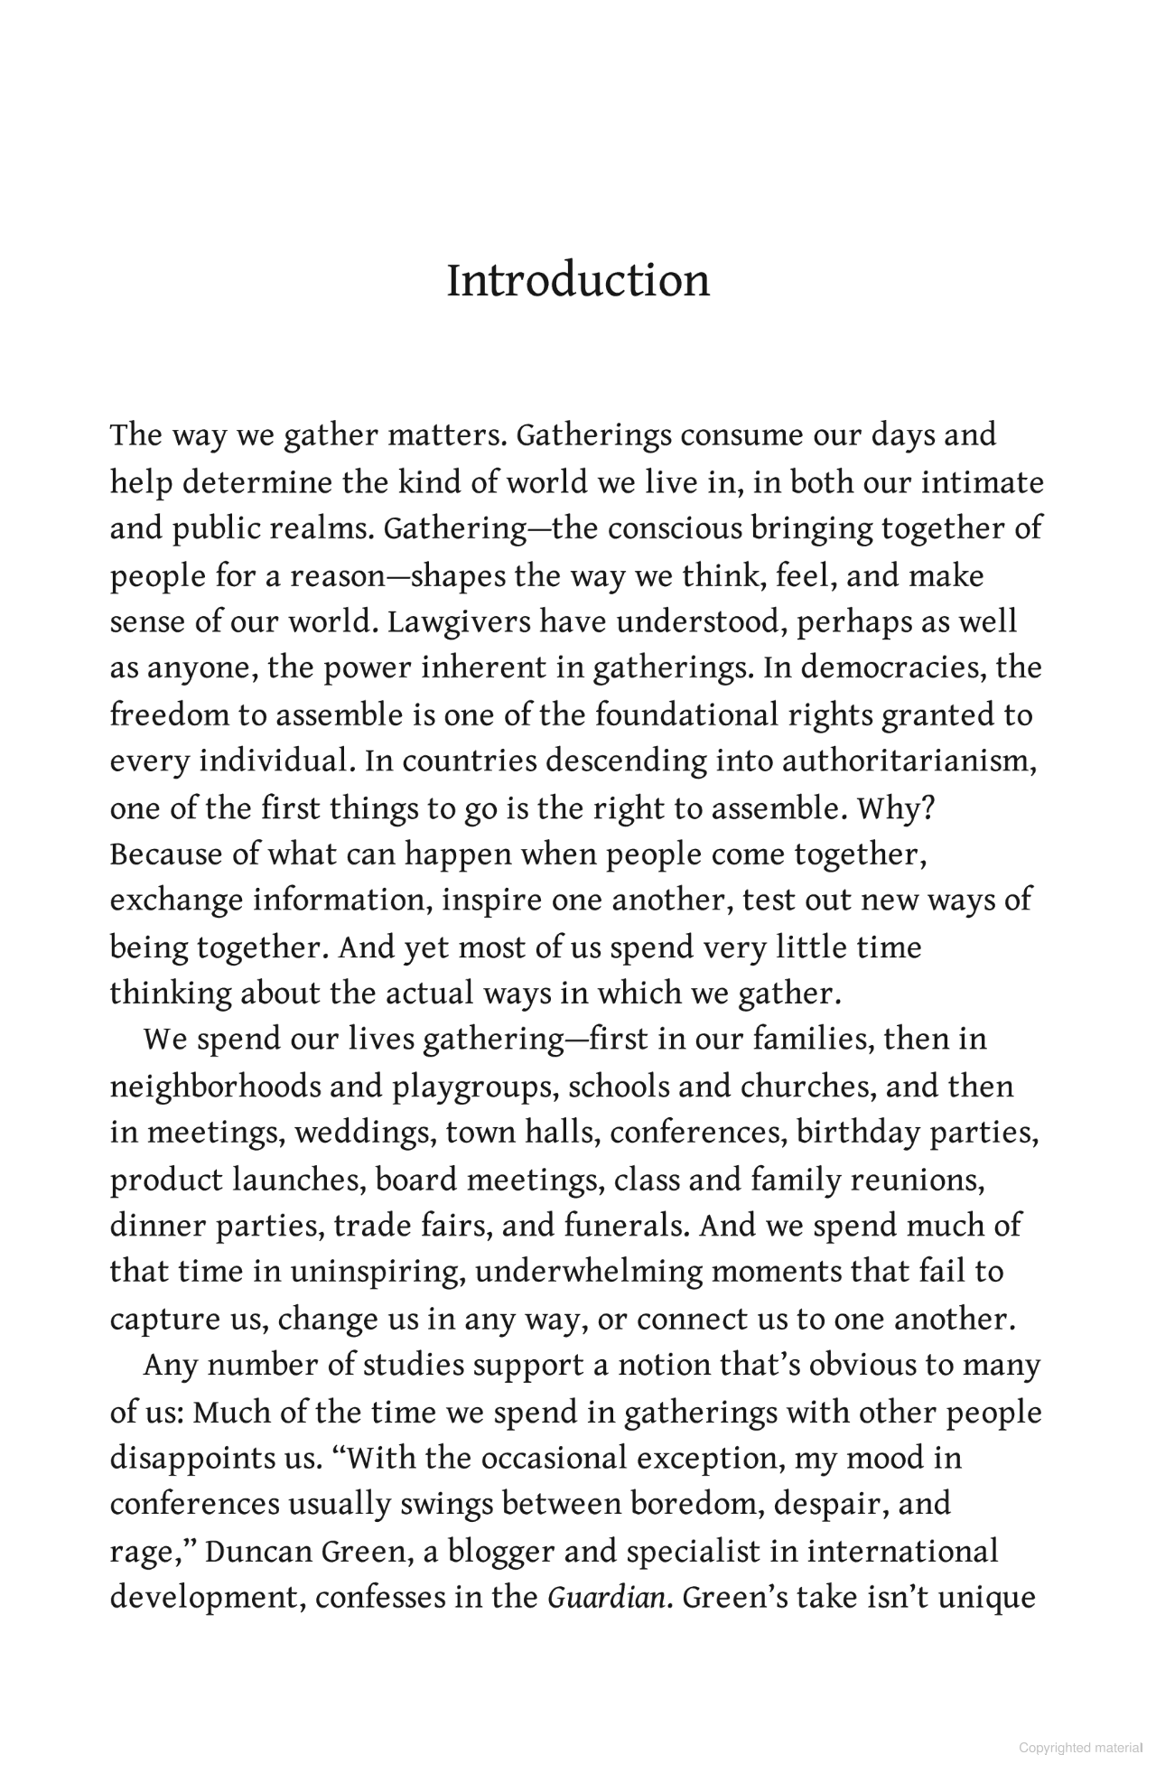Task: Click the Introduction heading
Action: click(x=578, y=281)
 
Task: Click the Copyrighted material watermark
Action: click(x=1080, y=1748)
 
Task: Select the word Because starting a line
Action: click(x=166, y=854)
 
